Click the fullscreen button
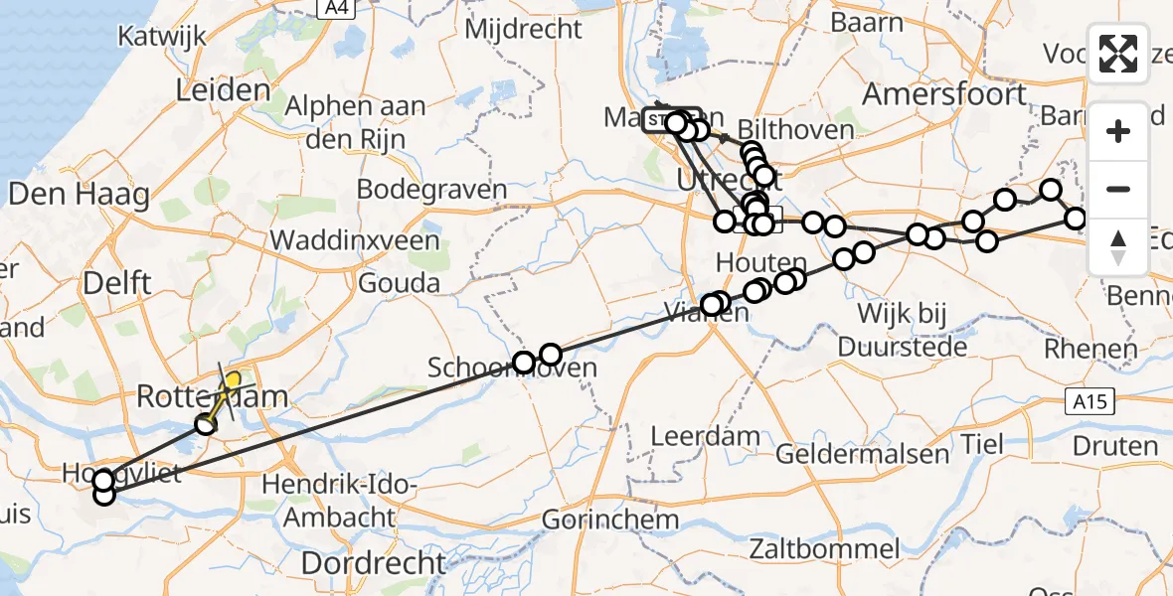[x=1118, y=54]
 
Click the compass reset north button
[x=1118, y=246]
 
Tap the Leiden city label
[x=223, y=91]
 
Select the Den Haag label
[x=79, y=194]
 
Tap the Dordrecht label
[x=374, y=563]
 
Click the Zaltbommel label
[x=825, y=548]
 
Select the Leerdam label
[x=706, y=435]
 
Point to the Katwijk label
[x=161, y=37]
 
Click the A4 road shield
[x=339, y=8]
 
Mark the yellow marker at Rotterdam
[x=233, y=380]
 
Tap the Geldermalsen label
[x=862, y=455]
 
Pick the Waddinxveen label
[x=355, y=240]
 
